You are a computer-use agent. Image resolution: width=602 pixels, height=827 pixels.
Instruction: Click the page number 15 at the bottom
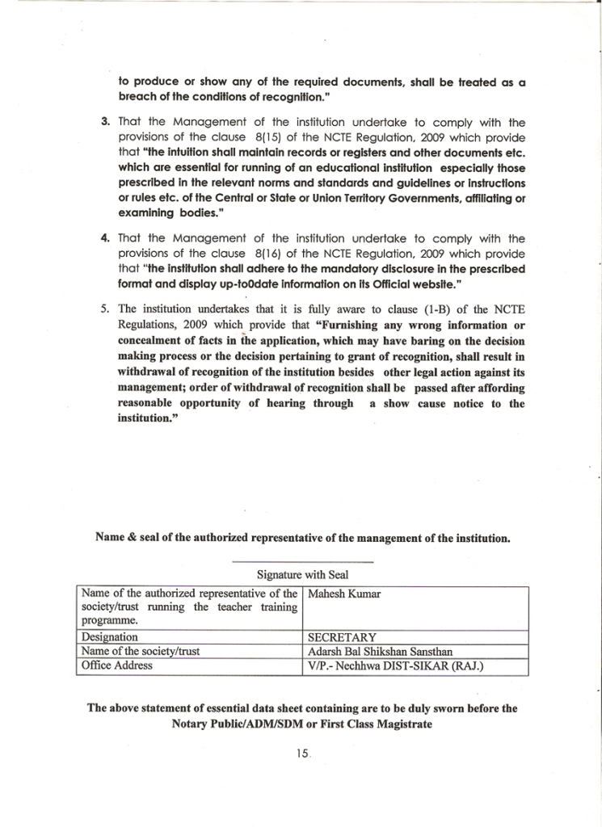(x=303, y=753)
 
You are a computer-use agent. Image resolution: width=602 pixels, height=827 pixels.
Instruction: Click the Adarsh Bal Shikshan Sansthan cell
(x=381, y=652)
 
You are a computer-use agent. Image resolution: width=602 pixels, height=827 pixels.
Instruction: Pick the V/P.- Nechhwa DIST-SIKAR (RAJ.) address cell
(x=396, y=666)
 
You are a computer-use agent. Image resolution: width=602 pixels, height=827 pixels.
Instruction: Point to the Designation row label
(x=110, y=637)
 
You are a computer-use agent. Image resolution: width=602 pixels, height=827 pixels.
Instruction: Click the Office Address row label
(x=117, y=666)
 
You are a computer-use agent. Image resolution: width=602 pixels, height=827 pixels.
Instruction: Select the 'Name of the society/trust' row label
(x=141, y=652)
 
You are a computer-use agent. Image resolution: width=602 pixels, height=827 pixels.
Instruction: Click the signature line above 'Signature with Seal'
(x=302, y=561)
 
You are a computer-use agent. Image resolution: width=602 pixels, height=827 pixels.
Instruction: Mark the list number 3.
(x=105, y=123)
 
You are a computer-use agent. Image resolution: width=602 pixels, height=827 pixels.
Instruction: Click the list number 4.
(x=105, y=238)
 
